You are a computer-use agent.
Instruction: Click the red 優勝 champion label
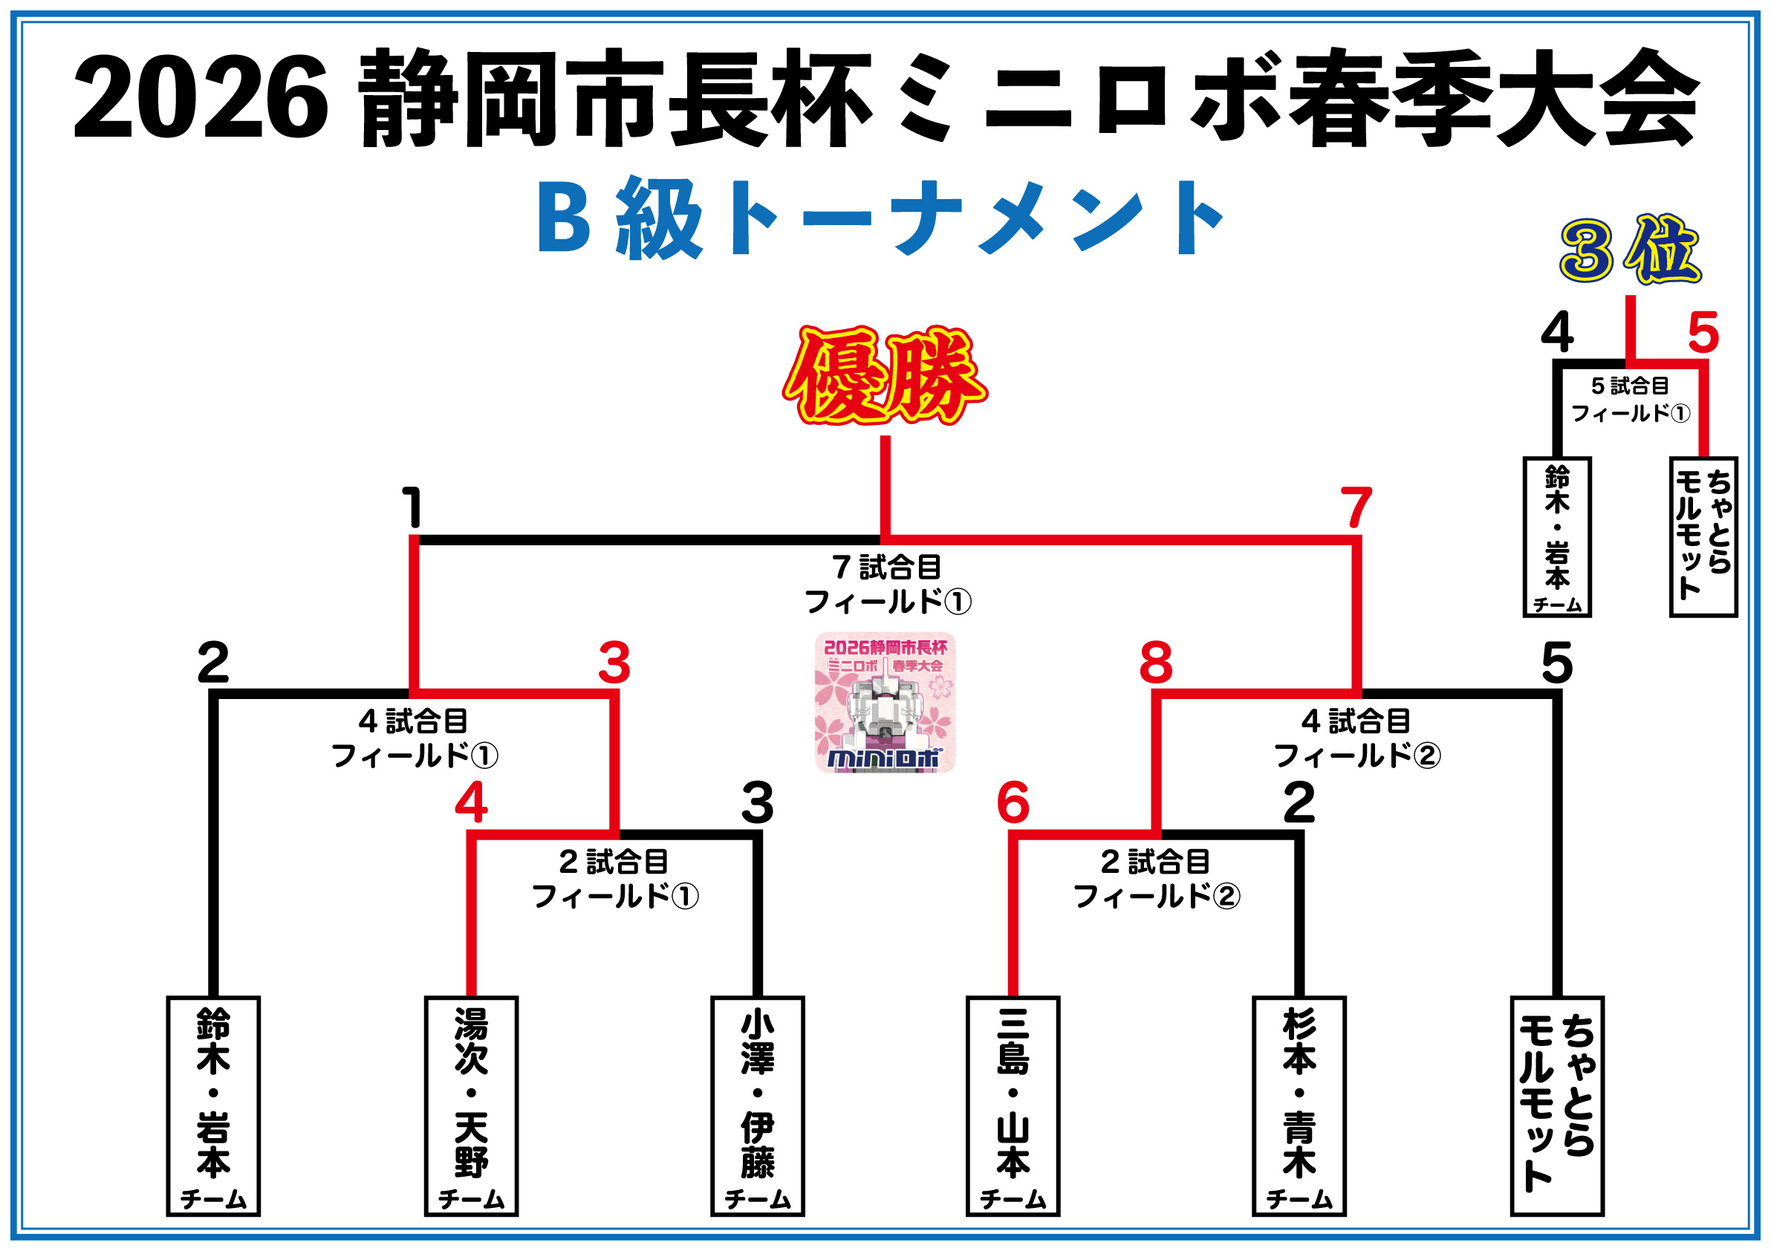click(x=885, y=377)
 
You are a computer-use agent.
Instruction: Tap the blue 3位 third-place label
click(x=1630, y=250)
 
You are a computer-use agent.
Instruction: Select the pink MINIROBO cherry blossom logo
click(x=885, y=702)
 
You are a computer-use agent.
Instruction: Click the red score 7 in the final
click(x=1356, y=507)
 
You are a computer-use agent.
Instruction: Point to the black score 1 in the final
click(x=413, y=507)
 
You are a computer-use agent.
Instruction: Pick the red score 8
click(x=1155, y=663)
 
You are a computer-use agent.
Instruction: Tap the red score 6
click(x=1013, y=803)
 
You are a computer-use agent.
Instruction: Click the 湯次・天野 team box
click(x=471, y=1106)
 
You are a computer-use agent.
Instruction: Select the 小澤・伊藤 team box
click(x=758, y=1106)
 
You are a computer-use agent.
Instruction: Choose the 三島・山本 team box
click(x=1013, y=1106)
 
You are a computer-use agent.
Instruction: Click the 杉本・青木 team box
click(x=1299, y=1106)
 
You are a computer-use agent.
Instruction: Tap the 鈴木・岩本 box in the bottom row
click(x=214, y=1106)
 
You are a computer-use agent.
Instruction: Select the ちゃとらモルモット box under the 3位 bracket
click(x=1703, y=537)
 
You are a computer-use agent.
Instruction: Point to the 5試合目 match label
click(x=1630, y=386)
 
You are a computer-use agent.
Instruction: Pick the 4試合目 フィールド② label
click(x=1356, y=739)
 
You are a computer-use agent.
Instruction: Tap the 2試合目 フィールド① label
click(x=615, y=880)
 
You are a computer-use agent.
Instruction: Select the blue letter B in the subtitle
click(x=564, y=219)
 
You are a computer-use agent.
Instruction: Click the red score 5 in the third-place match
click(x=1703, y=334)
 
